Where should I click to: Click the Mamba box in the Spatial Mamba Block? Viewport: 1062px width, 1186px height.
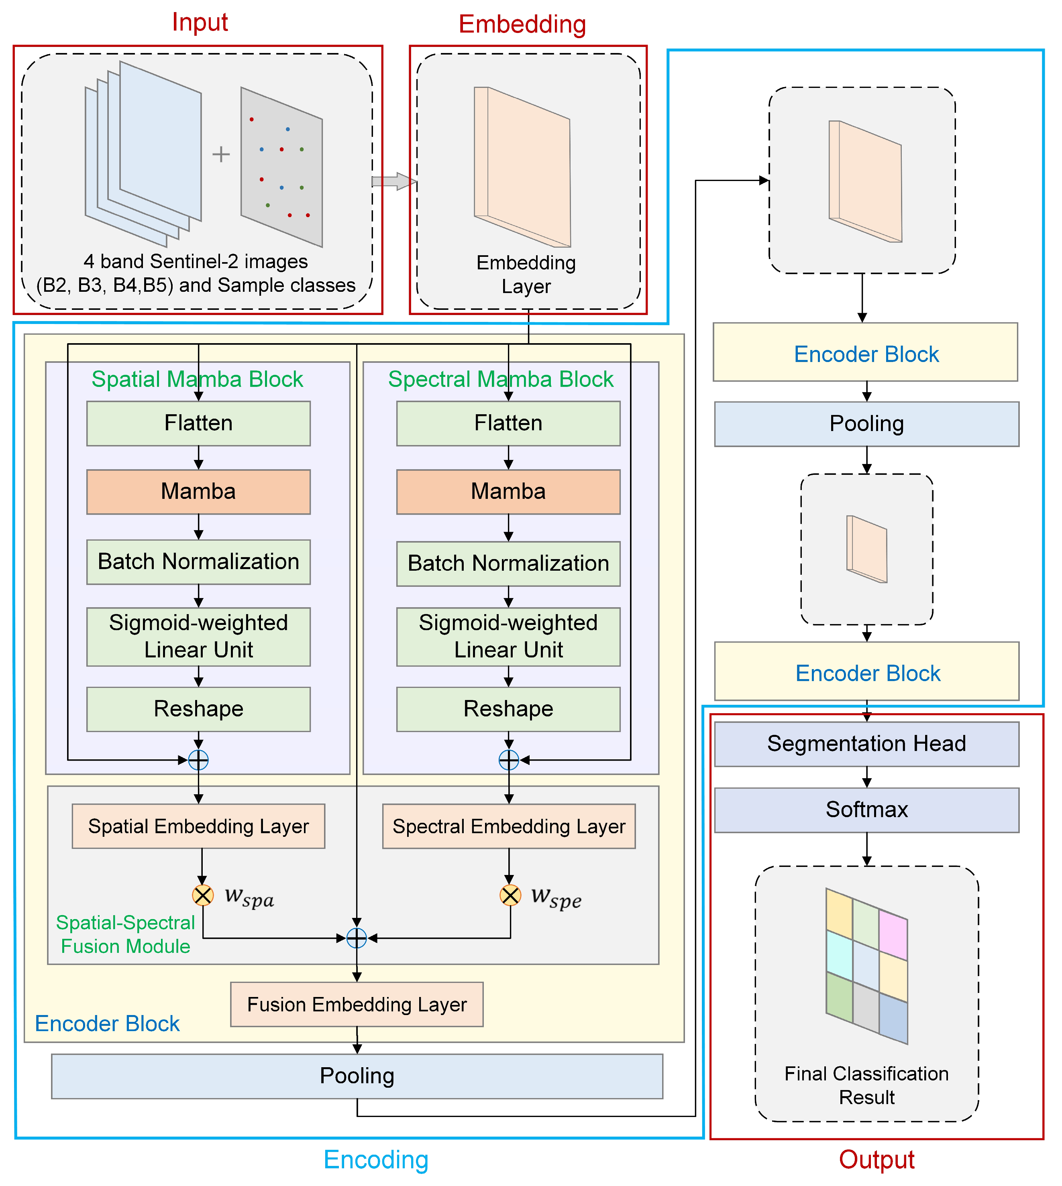point(198,492)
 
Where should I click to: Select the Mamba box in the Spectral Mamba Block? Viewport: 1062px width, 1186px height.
point(508,492)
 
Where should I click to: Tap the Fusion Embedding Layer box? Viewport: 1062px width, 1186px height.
point(357,1005)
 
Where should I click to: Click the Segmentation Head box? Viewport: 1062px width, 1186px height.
point(866,744)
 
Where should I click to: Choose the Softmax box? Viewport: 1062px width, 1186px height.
point(866,810)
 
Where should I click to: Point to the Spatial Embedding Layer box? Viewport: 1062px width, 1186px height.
point(198,826)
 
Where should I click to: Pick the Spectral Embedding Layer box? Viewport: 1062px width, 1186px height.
point(509,826)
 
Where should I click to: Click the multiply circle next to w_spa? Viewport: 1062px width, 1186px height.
point(202,895)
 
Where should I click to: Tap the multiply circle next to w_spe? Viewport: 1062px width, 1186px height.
point(510,895)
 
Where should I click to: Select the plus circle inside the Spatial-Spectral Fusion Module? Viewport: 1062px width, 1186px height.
point(357,938)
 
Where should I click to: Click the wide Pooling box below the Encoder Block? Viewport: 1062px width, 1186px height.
point(357,1076)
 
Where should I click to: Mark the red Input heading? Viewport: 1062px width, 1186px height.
point(200,22)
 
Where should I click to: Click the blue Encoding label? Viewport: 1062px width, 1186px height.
point(376,1160)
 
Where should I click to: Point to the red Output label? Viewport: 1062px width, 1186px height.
point(877,1160)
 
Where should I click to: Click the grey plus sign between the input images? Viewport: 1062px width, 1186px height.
point(220,154)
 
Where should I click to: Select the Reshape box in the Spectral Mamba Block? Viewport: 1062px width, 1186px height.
point(508,709)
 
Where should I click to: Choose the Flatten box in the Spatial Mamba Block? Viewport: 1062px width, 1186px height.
point(198,423)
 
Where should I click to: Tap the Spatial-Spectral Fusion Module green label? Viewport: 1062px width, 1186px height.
point(125,934)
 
